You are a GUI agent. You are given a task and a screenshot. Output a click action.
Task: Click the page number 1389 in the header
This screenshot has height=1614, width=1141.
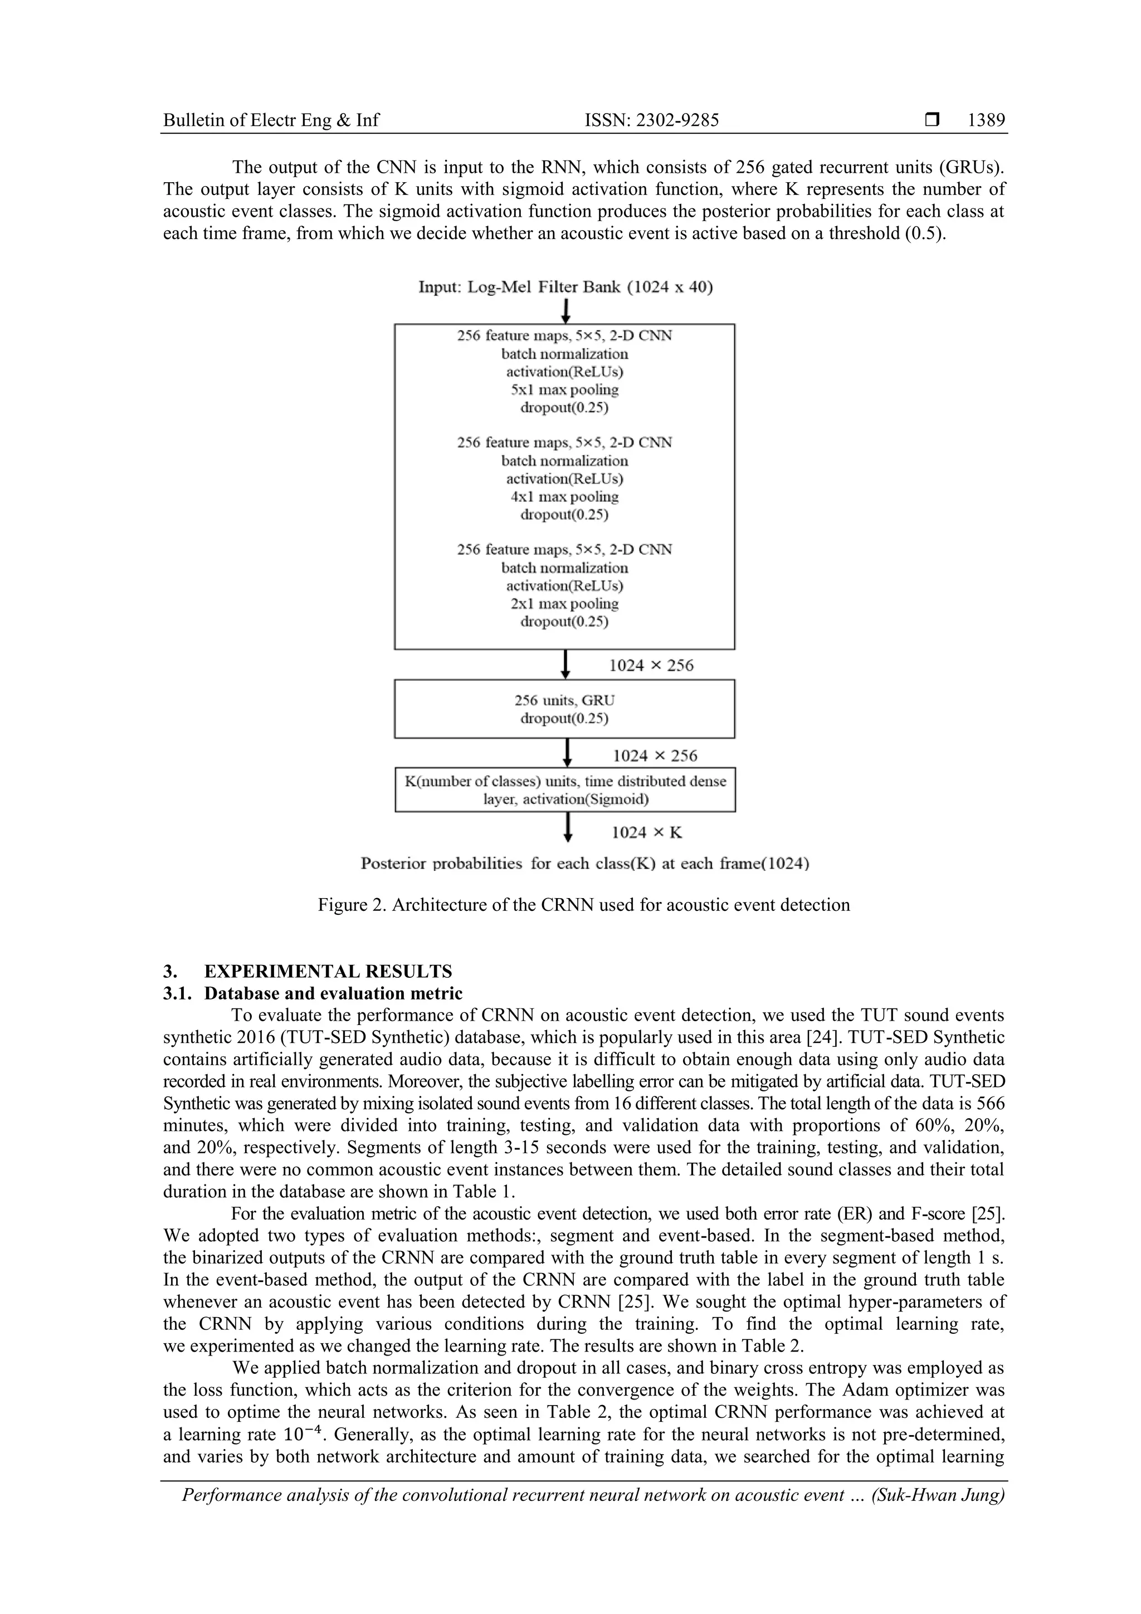click(x=986, y=120)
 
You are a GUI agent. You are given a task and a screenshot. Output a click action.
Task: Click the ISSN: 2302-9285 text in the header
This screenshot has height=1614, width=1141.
click(x=652, y=120)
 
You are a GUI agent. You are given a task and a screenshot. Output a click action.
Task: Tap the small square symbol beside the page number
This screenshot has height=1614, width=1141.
click(x=932, y=120)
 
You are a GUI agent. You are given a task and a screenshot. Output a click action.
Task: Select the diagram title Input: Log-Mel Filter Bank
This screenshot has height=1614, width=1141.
click(x=565, y=287)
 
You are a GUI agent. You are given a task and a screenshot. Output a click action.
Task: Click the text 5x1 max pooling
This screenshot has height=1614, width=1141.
click(x=564, y=389)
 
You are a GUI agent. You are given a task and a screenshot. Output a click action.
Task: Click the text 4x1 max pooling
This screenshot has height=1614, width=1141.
click(x=564, y=496)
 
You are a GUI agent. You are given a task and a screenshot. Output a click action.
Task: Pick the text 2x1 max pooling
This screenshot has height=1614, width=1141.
click(x=564, y=603)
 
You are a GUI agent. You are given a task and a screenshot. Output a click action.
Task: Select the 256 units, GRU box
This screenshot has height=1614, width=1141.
click(x=564, y=709)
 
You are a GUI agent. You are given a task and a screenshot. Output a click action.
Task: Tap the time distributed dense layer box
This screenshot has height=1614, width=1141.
click(x=564, y=789)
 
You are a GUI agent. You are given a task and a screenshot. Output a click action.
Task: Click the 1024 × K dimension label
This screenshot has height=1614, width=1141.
click(x=647, y=832)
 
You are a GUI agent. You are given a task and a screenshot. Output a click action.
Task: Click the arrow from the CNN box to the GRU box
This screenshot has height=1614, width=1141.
click(x=565, y=664)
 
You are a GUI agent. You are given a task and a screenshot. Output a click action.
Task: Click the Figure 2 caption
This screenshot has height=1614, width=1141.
click(x=583, y=905)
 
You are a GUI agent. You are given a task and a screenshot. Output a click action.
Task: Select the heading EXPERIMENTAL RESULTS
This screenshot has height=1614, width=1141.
click(x=328, y=972)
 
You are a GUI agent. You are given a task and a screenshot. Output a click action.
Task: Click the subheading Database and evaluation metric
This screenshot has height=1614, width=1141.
click(x=333, y=993)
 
